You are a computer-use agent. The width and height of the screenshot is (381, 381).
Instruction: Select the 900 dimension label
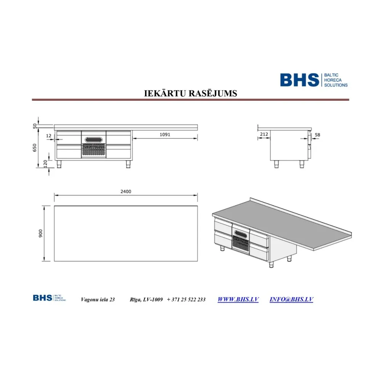tap(41, 233)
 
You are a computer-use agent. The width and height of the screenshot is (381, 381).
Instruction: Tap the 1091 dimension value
tap(165, 134)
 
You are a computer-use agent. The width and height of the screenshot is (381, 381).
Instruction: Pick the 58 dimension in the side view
tap(318, 134)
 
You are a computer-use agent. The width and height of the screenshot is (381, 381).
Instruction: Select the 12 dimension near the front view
tap(48, 136)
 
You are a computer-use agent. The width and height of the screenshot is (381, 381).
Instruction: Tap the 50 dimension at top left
tap(35, 126)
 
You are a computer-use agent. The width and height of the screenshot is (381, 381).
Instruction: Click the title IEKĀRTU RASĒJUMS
tap(190, 93)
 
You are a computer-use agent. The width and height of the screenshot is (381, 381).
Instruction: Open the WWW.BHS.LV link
tap(238, 299)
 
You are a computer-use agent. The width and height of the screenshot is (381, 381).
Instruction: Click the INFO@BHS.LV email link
tap(291, 299)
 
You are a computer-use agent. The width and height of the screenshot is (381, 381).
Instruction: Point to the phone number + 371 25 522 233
tap(186, 299)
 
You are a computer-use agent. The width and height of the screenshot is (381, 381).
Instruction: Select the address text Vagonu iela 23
tap(98, 299)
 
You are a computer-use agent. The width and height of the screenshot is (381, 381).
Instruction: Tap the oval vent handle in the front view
tap(93, 140)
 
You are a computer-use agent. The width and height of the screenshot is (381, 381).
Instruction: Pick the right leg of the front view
tap(128, 164)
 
